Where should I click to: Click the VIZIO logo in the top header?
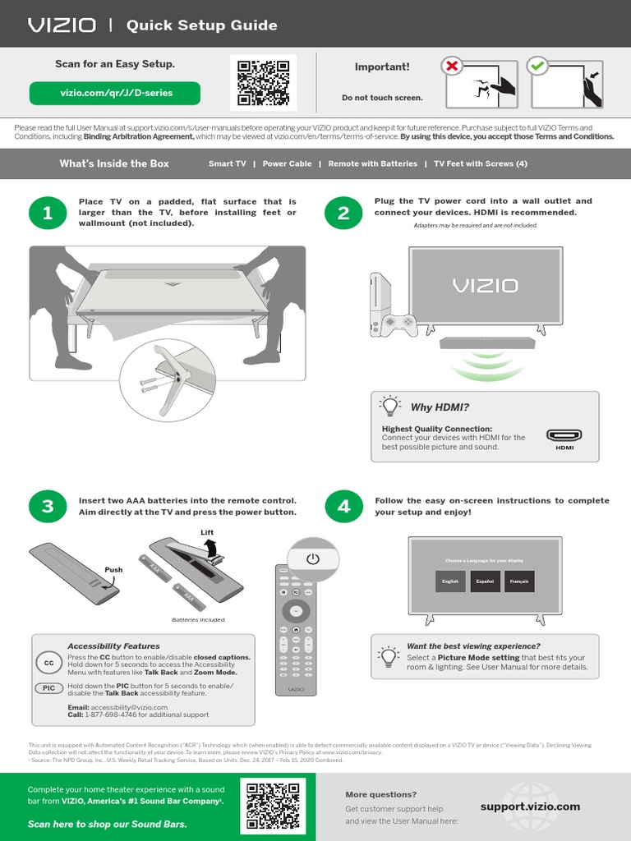62,25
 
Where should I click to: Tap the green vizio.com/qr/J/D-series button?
115,93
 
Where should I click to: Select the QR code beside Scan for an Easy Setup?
264,82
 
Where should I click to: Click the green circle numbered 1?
48,214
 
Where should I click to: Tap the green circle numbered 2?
343,214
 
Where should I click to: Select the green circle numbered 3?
48,506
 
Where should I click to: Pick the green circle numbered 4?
343,506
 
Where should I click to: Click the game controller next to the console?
400,324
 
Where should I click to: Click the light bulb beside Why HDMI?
389,407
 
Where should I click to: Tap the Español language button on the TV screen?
485,581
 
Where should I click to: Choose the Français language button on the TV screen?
519,581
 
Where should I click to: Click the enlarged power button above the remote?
312,558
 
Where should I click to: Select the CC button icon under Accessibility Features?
48,663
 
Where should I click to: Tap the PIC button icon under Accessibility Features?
49,688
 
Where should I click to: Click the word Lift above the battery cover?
207,533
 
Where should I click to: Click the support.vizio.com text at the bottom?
530,807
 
